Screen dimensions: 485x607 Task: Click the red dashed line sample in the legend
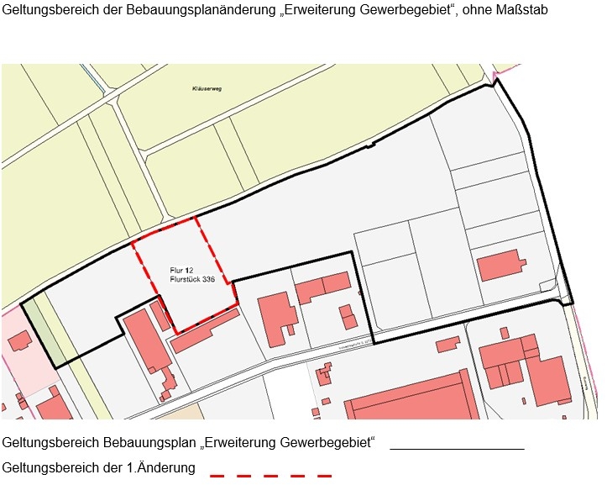click(270, 476)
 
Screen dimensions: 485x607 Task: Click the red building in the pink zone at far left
click(19, 340)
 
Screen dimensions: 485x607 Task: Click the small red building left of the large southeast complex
click(447, 344)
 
